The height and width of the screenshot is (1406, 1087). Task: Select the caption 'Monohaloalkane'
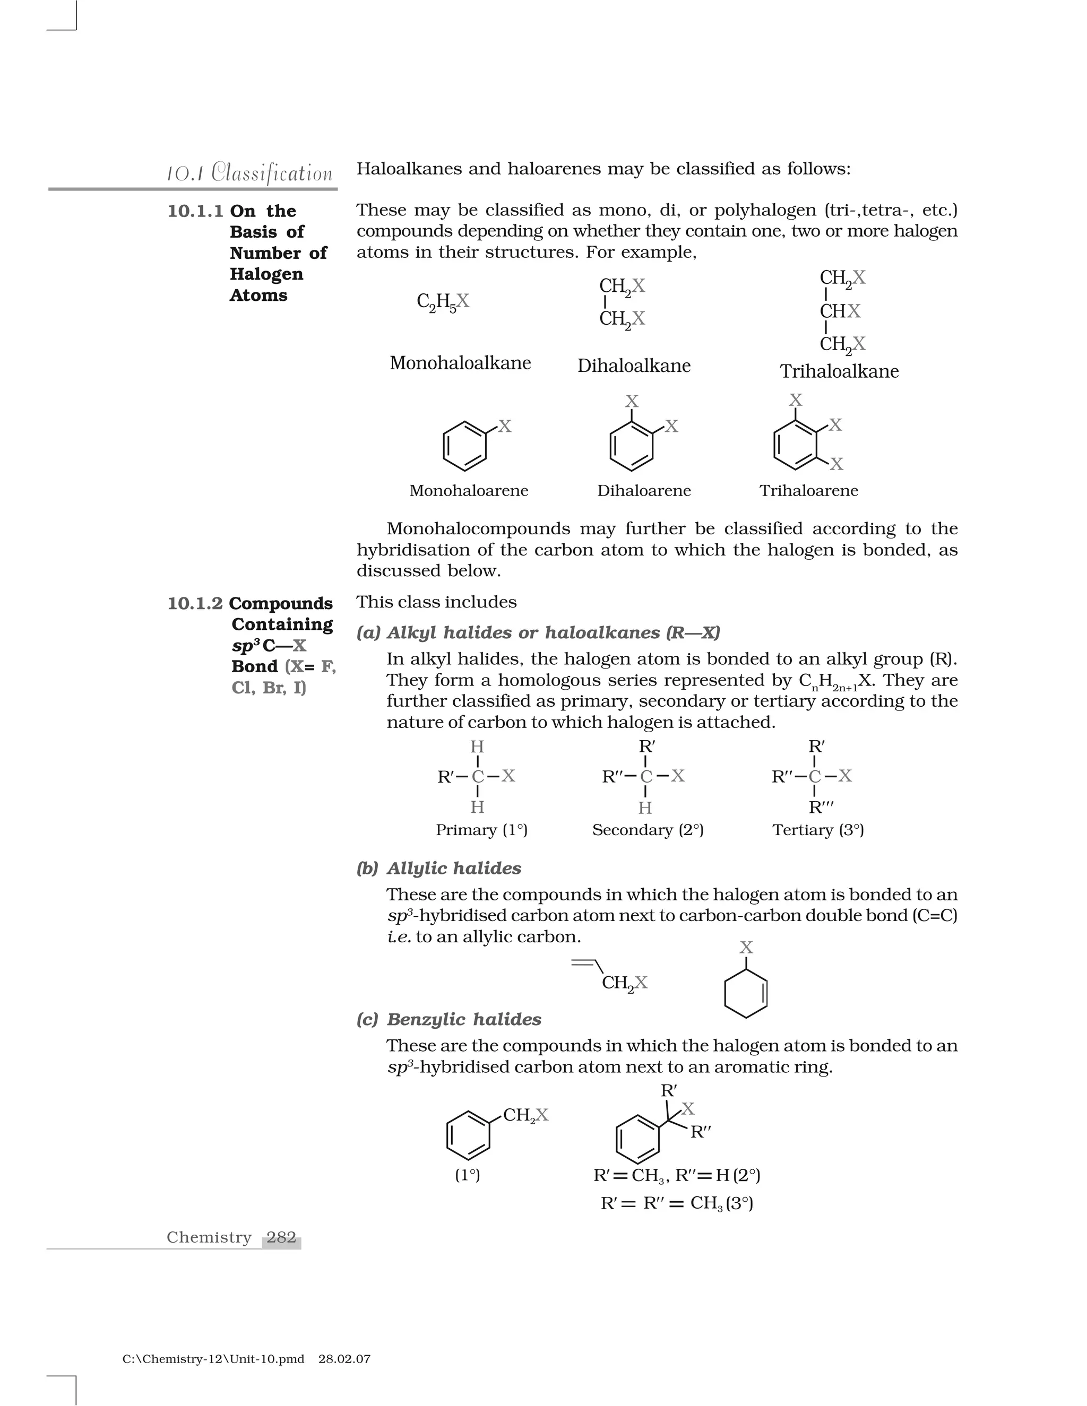click(460, 363)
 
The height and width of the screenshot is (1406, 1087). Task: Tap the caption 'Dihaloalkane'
click(634, 366)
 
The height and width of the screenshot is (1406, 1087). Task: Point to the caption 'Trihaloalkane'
click(839, 371)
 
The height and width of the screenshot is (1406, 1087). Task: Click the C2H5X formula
click(443, 302)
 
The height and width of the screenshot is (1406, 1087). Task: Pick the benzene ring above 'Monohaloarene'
click(464, 446)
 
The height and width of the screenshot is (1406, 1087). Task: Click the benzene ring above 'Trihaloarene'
click(795, 445)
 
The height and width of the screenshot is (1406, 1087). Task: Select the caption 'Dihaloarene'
click(643, 491)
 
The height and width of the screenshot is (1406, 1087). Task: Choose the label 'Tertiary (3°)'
click(818, 830)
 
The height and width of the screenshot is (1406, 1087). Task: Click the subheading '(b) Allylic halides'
click(438, 869)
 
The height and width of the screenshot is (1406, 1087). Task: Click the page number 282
click(281, 1237)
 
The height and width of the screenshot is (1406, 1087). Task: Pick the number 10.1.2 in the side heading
click(194, 603)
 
